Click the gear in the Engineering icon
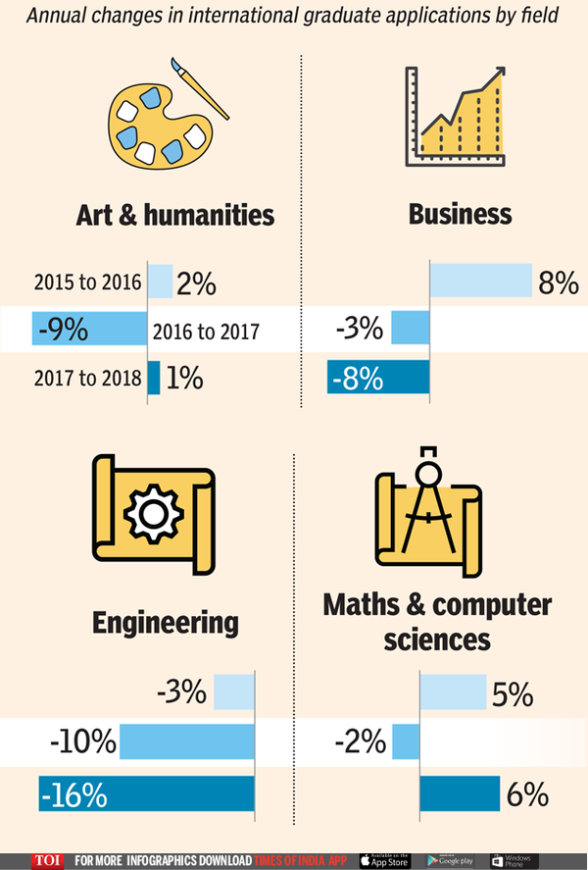pyautogui.click(x=153, y=511)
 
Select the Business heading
pyautogui.click(x=460, y=214)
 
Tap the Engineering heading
pyautogui.click(x=166, y=622)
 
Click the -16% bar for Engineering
pyautogui.click(x=146, y=793)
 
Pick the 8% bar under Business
pyautogui.click(x=479, y=281)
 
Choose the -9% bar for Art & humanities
pyautogui.click(x=89, y=330)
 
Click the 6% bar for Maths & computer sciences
pyautogui.click(x=459, y=793)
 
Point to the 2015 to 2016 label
pyautogui.click(x=88, y=283)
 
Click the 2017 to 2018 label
pyautogui.click(x=88, y=378)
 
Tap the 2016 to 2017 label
pyautogui.click(x=206, y=331)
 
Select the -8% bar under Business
pyautogui.click(x=378, y=378)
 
